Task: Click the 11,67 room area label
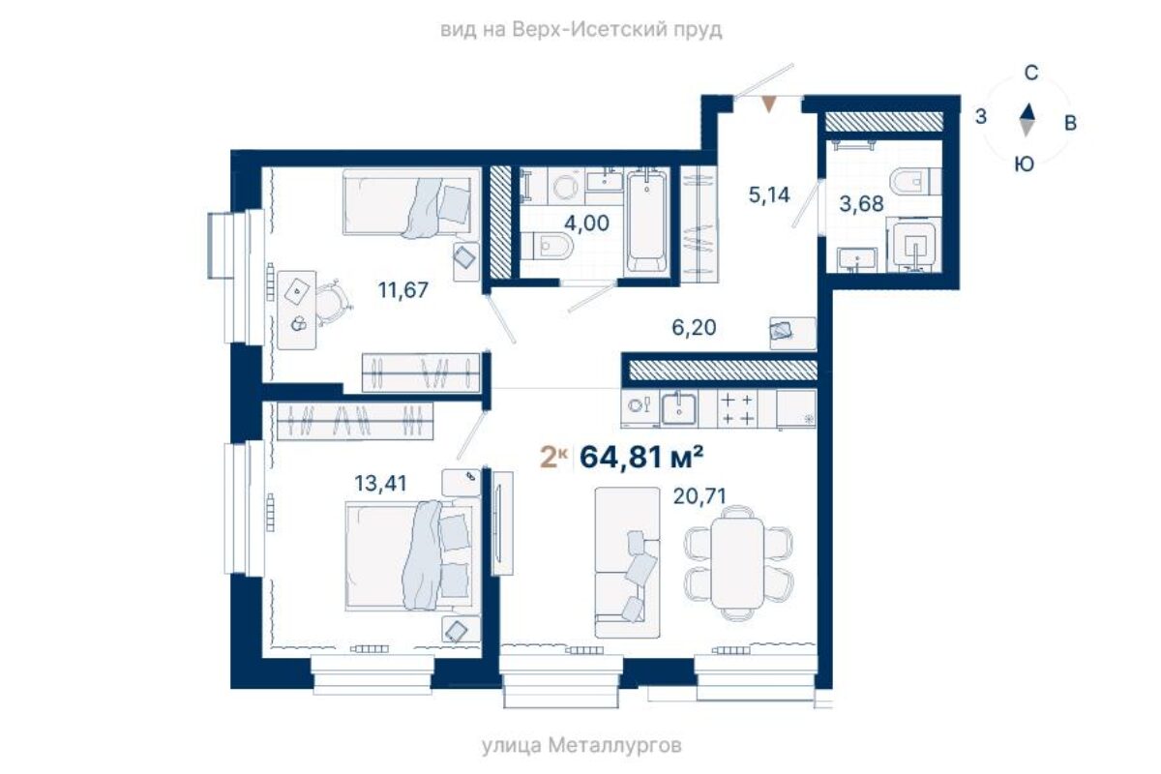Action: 403,290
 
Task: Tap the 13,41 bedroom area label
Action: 380,484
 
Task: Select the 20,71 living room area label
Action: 700,496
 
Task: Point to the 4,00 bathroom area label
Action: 586,223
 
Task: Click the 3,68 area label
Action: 861,204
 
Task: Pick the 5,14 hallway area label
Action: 769,194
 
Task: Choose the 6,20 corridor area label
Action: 694,328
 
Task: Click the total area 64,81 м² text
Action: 641,458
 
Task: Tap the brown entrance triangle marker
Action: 769,104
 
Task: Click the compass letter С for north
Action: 1031,74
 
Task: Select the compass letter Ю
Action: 1025,164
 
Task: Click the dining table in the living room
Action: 737,563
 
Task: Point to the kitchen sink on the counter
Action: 679,409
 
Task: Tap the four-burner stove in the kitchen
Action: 737,409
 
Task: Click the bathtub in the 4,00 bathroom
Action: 646,222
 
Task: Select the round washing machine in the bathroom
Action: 565,187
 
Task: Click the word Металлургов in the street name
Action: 614,746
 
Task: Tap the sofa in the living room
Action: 627,562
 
